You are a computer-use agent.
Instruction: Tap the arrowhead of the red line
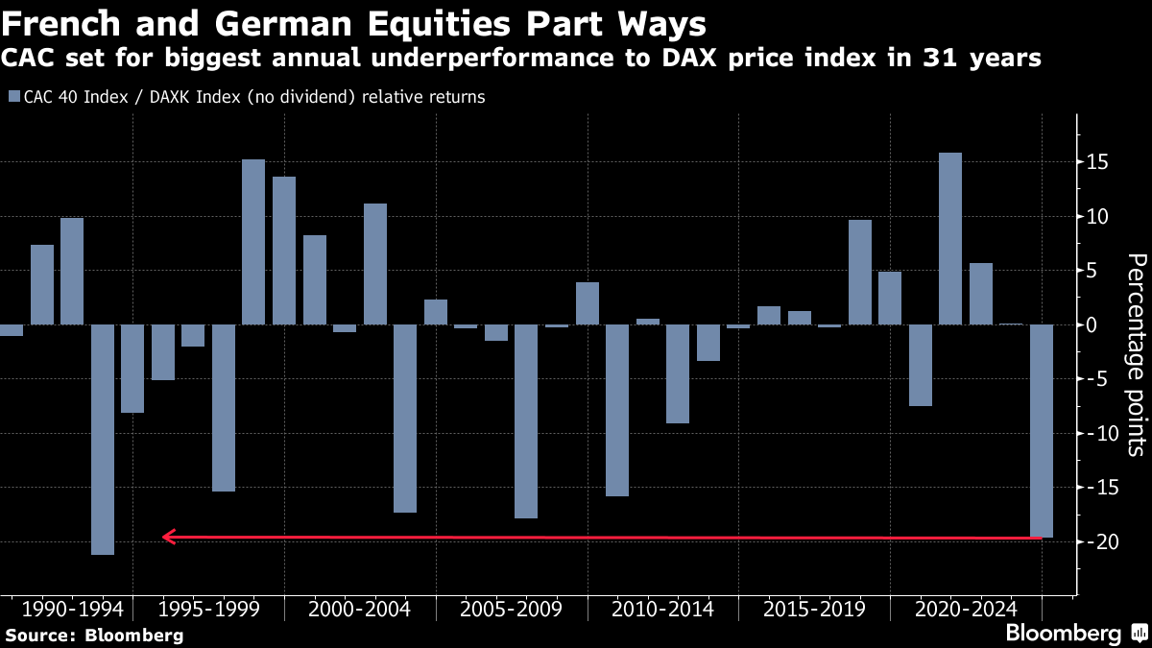tap(168, 537)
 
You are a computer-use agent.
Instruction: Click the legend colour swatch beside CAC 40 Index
tap(12, 97)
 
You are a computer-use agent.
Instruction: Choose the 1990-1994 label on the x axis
tap(72, 610)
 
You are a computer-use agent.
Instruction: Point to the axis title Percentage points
tap(1136, 355)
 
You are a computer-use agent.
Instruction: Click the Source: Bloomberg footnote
tap(94, 635)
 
